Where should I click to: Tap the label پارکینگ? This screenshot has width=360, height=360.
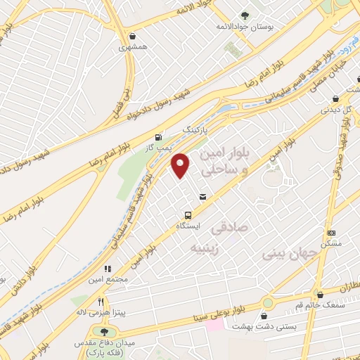197,131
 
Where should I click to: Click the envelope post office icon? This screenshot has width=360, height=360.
203,197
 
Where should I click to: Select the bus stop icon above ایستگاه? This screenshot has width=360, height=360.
188,215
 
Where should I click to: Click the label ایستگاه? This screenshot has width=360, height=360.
188,226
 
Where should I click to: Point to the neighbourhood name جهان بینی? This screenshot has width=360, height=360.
288,251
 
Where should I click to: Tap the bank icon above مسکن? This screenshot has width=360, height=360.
332,233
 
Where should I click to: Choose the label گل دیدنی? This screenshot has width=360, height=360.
335,110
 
